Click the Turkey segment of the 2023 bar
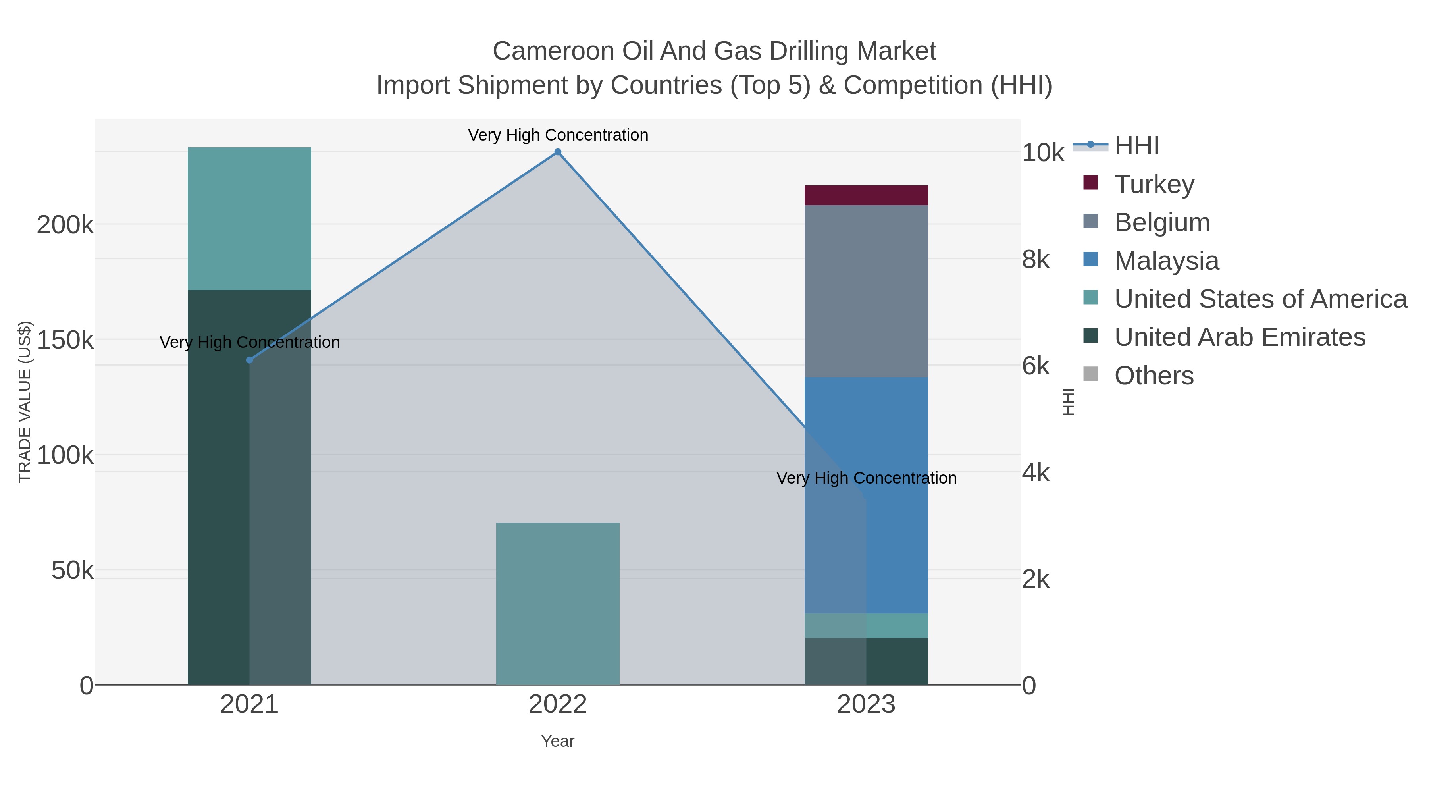click(x=866, y=195)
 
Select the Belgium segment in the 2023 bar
click(x=866, y=291)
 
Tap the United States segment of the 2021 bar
click(x=249, y=219)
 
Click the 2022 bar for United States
click(x=558, y=603)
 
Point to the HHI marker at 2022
click(x=558, y=152)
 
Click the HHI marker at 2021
click(x=249, y=360)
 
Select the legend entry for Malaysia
click(x=1166, y=261)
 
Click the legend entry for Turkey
click(x=1154, y=184)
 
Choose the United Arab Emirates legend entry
click(x=1239, y=337)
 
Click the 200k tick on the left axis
click(x=65, y=225)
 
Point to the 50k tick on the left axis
click(x=72, y=571)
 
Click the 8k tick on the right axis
click(x=1036, y=260)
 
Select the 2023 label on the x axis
click(x=866, y=705)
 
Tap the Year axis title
click(x=558, y=741)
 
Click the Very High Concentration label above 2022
click(x=558, y=135)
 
